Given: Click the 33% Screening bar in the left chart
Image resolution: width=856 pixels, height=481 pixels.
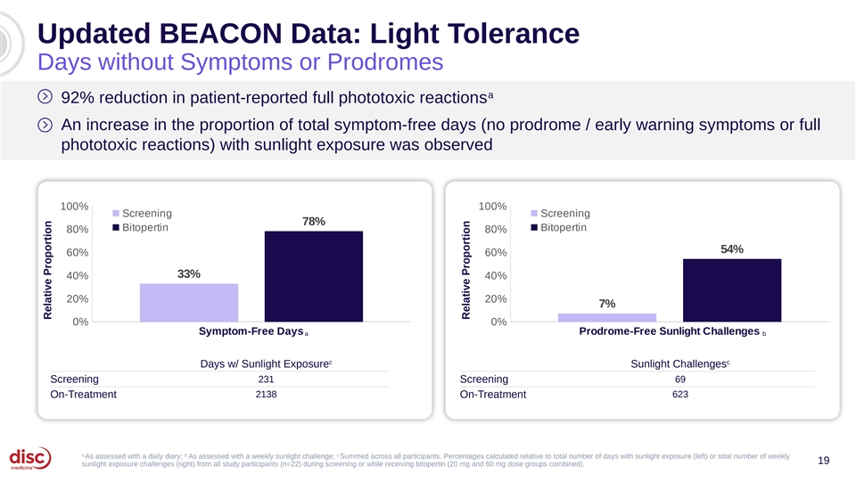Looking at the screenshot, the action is tap(189, 303).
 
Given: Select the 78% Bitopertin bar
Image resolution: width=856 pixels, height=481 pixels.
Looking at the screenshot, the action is tap(314, 276).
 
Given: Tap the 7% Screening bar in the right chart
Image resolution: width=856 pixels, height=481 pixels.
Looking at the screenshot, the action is tap(607, 317).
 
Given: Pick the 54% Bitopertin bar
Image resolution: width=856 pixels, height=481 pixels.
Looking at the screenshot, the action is tap(732, 290).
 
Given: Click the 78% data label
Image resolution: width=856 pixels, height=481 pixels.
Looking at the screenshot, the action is tap(314, 222).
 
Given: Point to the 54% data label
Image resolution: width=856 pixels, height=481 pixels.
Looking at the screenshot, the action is tap(732, 249).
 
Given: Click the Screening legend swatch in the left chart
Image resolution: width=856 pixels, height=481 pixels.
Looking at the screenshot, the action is tap(116, 213).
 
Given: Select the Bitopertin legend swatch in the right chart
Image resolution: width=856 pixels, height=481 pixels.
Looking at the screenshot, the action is tap(534, 227).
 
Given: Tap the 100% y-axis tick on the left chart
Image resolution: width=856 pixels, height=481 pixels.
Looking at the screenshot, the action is tap(74, 206).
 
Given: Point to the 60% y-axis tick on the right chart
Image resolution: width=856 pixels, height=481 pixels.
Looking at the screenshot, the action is tap(496, 252).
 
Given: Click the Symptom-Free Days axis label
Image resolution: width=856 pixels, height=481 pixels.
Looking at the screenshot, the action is tap(251, 331).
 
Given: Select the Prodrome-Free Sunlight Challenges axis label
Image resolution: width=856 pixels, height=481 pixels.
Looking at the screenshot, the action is tap(670, 331).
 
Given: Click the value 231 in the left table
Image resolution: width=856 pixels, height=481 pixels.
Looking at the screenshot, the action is tap(266, 379).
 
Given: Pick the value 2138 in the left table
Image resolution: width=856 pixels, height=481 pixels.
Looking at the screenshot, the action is tap(266, 395).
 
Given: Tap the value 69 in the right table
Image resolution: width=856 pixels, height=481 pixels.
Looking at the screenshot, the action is tap(680, 379).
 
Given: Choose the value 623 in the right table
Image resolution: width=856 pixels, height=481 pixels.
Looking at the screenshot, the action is tap(680, 395).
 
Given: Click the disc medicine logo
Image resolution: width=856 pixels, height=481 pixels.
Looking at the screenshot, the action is tap(30, 458).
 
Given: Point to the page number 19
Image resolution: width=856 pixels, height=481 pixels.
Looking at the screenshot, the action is tap(823, 461).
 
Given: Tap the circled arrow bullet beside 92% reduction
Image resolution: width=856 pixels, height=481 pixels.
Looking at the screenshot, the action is tap(45, 97).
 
